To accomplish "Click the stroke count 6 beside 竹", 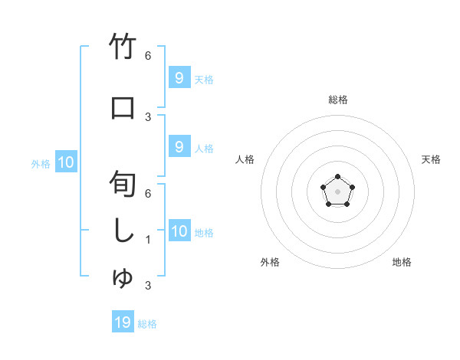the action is coord(148,56).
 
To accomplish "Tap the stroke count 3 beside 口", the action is coord(148,116).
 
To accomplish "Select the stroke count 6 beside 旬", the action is coord(148,194).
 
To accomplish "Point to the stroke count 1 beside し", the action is coord(148,240).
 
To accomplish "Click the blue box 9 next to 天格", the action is coord(179,78).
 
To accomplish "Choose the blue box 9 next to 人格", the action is coord(179,147).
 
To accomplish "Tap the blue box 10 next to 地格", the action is coord(179,231).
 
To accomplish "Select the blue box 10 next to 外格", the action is coord(66,162).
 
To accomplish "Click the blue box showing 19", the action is coord(123,322).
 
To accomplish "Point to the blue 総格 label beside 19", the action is coord(147,324).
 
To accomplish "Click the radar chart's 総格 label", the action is coord(337,100).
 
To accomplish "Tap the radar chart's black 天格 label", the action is coord(431,159).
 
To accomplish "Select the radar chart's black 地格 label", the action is coord(402,262).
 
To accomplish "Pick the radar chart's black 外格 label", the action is coord(270,262).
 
